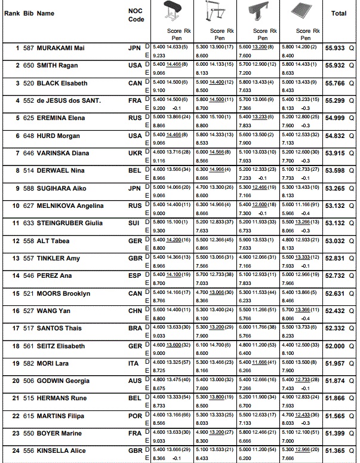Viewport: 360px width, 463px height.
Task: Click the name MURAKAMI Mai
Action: tap(62, 48)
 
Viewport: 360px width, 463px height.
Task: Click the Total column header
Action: tap(339, 13)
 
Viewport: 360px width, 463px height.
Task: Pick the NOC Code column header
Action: tap(136, 15)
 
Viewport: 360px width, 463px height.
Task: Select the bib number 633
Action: tap(29, 223)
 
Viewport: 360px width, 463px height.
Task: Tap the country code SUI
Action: tap(135, 223)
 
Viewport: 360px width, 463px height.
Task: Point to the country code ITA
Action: tap(135, 363)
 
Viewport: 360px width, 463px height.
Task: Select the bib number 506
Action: tap(29, 381)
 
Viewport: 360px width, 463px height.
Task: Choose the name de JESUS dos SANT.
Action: tap(69, 100)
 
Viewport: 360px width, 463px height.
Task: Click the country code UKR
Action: tap(135, 154)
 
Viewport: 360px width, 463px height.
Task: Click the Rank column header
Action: tap(12, 13)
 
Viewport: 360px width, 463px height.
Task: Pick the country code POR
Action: tap(135, 416)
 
